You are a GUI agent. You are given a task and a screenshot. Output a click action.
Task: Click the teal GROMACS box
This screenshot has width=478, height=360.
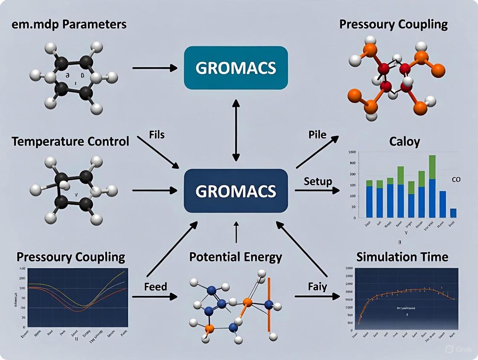pos(236,68)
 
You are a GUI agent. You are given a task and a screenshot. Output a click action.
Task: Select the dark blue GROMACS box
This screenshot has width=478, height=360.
pos(236,191)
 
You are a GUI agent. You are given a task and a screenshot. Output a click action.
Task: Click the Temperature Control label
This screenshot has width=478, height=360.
pos(70,141)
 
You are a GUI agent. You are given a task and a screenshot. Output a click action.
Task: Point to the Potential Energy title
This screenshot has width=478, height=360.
pos(236,257)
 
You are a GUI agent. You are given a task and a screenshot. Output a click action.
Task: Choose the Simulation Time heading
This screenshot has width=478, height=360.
pos(402,257)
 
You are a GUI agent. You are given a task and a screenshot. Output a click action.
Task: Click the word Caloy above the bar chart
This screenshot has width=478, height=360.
pos(405,141)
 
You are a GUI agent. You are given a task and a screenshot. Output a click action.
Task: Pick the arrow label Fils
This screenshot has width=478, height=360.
pos(156,135)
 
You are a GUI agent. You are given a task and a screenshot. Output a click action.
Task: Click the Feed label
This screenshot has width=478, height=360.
pos(156,287)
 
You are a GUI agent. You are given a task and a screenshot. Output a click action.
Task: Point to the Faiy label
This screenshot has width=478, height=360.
pos(317,286)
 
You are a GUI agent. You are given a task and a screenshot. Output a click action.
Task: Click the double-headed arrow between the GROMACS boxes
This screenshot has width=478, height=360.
pos(236,129)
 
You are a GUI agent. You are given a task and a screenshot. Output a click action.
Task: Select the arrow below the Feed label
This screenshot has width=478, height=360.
pos(155,297)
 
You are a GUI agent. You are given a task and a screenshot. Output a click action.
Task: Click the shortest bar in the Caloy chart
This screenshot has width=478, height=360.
pos(453,213)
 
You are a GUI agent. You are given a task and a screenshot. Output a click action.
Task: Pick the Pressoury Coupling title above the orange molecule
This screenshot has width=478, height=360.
pos(393,24)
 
